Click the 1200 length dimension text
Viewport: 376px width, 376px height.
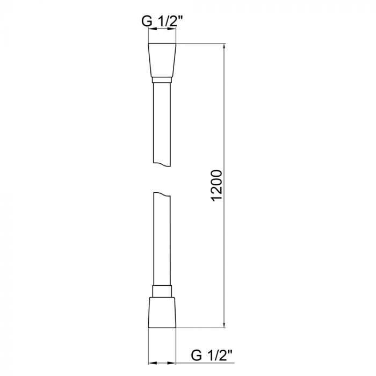(216, 185)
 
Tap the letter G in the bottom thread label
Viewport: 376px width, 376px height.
(197, 355)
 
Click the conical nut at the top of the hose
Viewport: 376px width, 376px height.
(162, 59)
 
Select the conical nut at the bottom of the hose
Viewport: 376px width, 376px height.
(162, 312)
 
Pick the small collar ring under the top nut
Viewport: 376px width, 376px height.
(162, 80)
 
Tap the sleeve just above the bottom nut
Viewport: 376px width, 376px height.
(162, 291)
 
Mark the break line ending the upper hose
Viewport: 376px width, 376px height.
(162, 164)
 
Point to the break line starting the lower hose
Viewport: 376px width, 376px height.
(162, 194)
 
